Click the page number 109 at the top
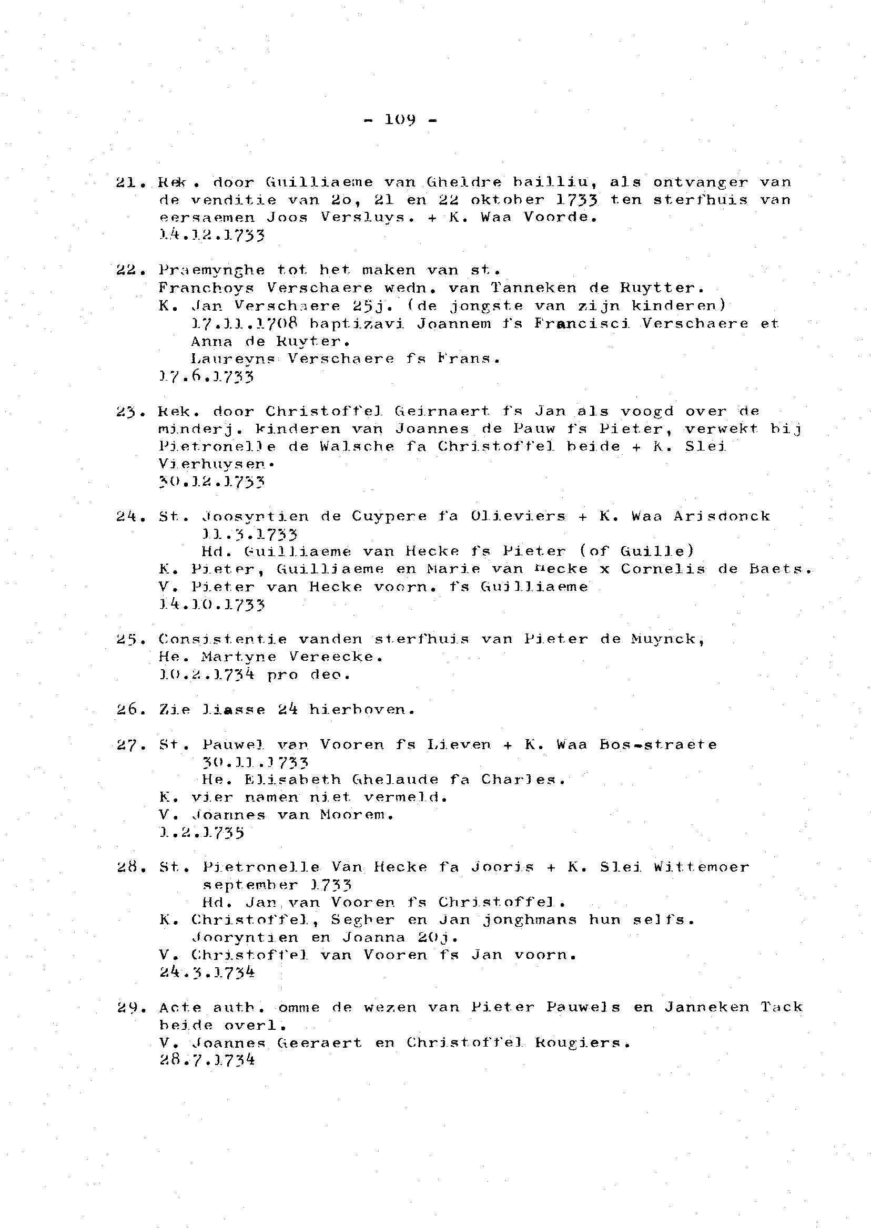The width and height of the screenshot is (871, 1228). click(x=400, y=120)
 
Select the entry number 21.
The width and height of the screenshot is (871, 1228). click(x=128, y=182)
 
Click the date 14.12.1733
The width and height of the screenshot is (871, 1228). click(x=212, y=236)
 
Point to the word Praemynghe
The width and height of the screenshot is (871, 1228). click(x=211, y=270)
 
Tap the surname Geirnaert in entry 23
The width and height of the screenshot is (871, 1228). click(x=442, y=412)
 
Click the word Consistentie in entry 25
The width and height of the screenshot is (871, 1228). click(x=222, y=639)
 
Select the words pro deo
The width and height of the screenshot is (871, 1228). click(x=308, y=675)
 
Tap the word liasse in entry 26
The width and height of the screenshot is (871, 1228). click(x=234, y=710)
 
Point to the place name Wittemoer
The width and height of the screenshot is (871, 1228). click(x=701, y=867)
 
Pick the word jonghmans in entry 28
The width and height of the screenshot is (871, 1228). click(x=530, y=920)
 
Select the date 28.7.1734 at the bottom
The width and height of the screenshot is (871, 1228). click(x=207, y=1061)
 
